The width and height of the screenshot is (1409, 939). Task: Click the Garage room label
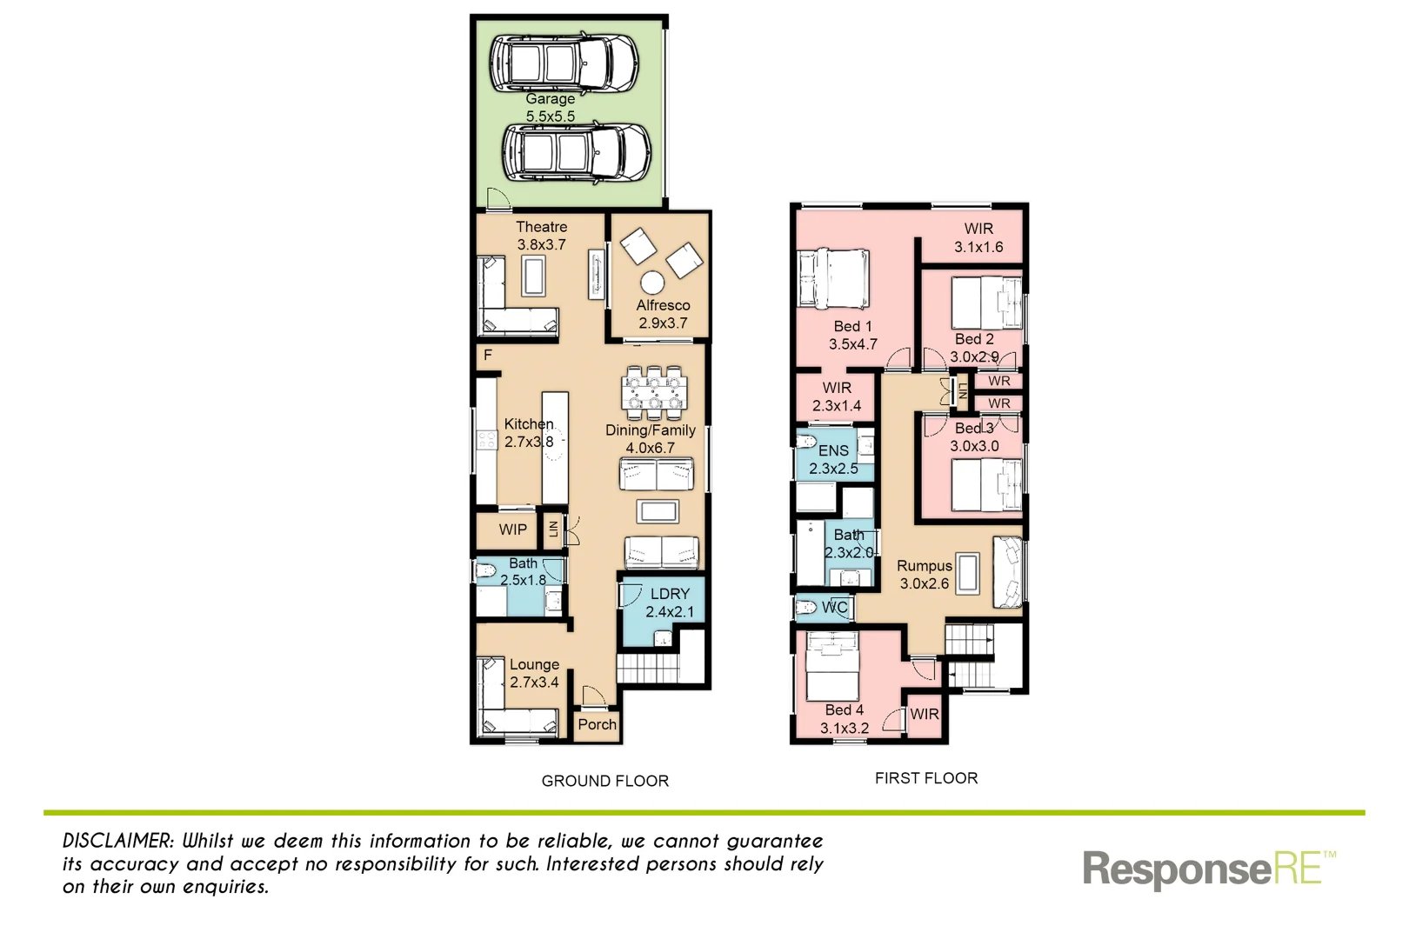[550, 99]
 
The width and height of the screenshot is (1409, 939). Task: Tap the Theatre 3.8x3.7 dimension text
[541, 245]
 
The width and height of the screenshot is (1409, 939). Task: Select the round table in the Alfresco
[651, 283]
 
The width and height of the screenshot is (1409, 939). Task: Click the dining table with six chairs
[654, 392]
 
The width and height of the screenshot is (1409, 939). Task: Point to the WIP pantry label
[512, 529]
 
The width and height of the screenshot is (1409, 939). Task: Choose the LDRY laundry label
[670, 594]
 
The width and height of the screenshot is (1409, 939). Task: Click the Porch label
[597, 724]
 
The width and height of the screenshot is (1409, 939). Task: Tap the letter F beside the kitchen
[488, 355]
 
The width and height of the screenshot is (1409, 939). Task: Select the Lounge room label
[534, 664]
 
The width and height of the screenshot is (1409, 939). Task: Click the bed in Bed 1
[833, 278]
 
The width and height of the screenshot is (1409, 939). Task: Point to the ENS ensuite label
[833, 450]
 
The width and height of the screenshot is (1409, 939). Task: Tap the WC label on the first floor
[834, 607]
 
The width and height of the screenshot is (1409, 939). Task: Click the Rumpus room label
[924, 566]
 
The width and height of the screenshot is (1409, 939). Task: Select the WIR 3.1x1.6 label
[978, 237]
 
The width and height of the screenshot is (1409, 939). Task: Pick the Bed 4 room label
[844, 710]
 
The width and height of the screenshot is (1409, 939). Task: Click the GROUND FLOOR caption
[605, 781]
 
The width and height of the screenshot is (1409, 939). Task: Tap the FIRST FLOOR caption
[926, 778]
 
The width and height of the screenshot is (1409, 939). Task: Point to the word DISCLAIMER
[117, 841]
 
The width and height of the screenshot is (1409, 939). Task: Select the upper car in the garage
[563, 63]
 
